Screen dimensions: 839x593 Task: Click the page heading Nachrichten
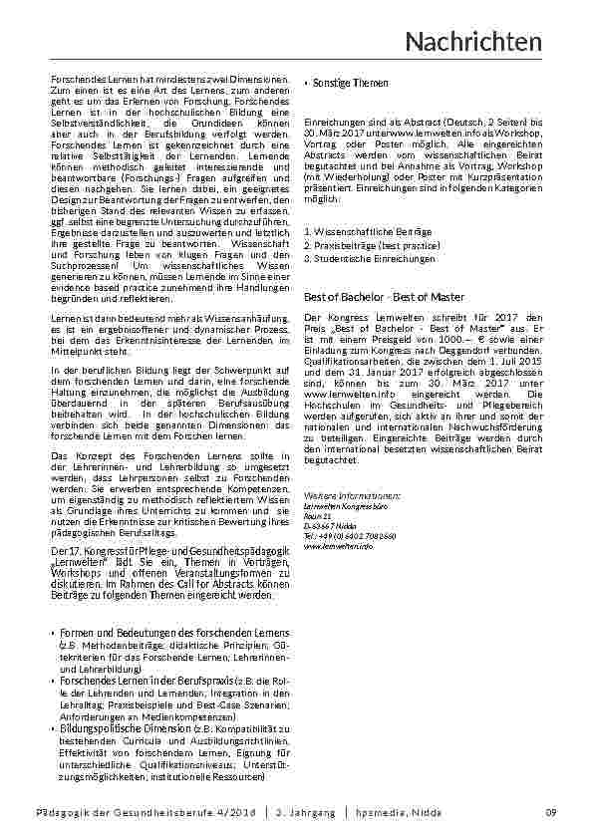pos(474,42)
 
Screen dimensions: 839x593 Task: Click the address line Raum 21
pos(318,517)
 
